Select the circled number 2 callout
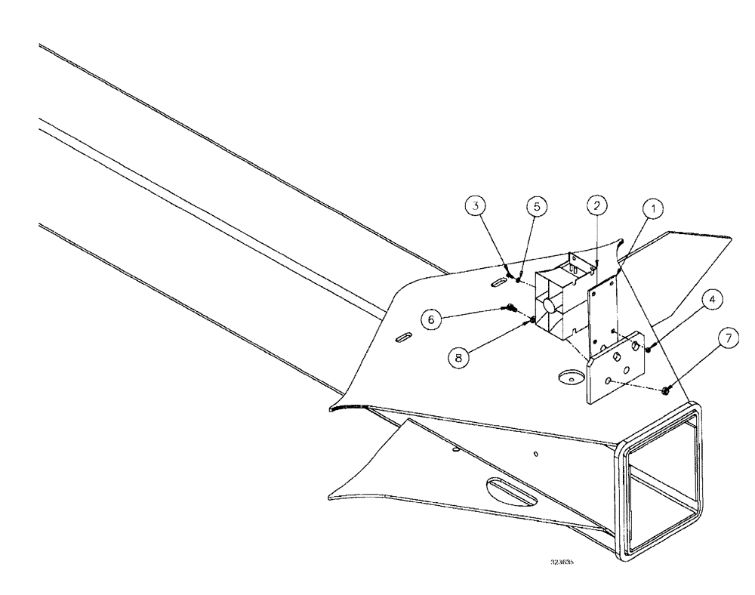pyautogui.click(x=596, y=205)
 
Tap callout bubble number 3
pyautogui.click(x=473, y=206)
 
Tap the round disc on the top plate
pyautogui.click(x=570, y=375)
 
